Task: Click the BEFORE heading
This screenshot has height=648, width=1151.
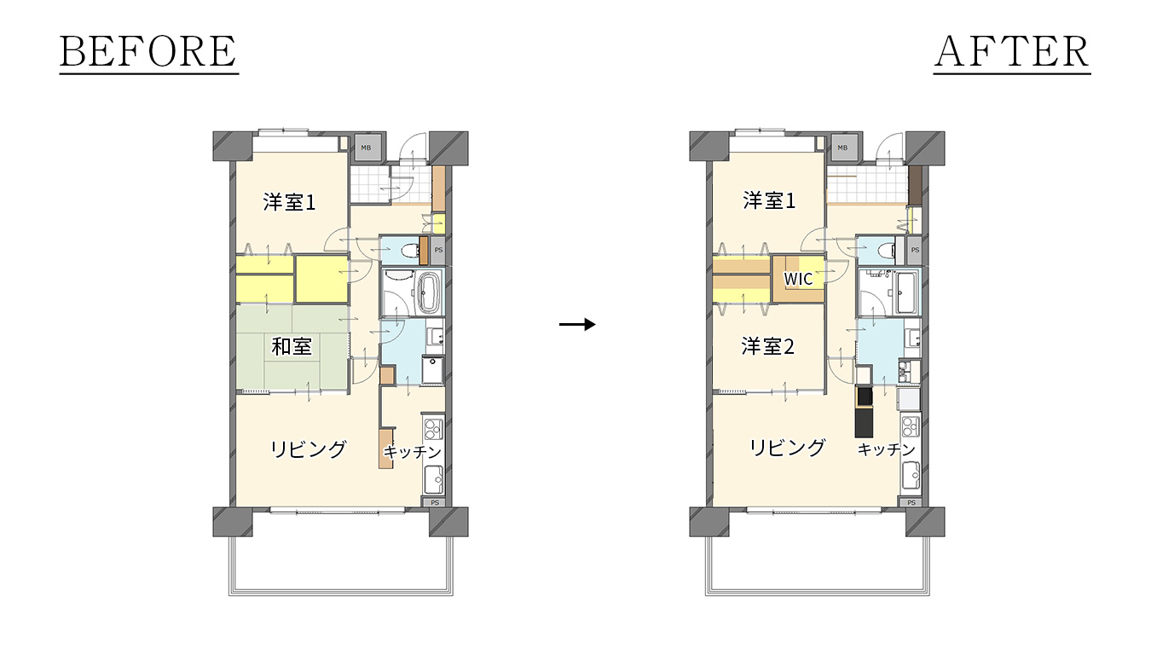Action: (148, 51)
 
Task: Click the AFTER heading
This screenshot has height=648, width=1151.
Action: (1012, 51)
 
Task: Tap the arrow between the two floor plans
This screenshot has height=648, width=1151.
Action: (577, 324)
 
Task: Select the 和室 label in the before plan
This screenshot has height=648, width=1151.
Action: (292, 346)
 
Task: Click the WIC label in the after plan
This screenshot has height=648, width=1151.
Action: (798, 279)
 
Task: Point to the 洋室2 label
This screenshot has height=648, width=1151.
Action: (767, 346)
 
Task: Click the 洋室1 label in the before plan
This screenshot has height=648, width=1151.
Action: (289, 202)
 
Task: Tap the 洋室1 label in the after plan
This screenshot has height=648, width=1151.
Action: (769, 200)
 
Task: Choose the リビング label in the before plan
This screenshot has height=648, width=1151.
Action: (309, 449)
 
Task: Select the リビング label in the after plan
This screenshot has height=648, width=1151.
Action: (787, 448)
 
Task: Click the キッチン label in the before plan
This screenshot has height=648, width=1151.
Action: (413, 452)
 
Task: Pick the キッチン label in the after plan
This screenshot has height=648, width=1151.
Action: (887, 449)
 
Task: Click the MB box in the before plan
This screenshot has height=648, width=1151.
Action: (366, 148)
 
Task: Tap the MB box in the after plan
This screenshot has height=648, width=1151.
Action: (842, 148)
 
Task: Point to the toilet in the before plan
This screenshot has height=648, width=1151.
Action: (411, 251)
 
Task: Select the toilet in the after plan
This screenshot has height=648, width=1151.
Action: (887, 251)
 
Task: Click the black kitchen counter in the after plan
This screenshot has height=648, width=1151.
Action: (864, 411)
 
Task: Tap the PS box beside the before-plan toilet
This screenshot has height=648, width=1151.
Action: (438, 250)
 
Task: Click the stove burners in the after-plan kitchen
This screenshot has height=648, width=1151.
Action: (910, 427)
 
